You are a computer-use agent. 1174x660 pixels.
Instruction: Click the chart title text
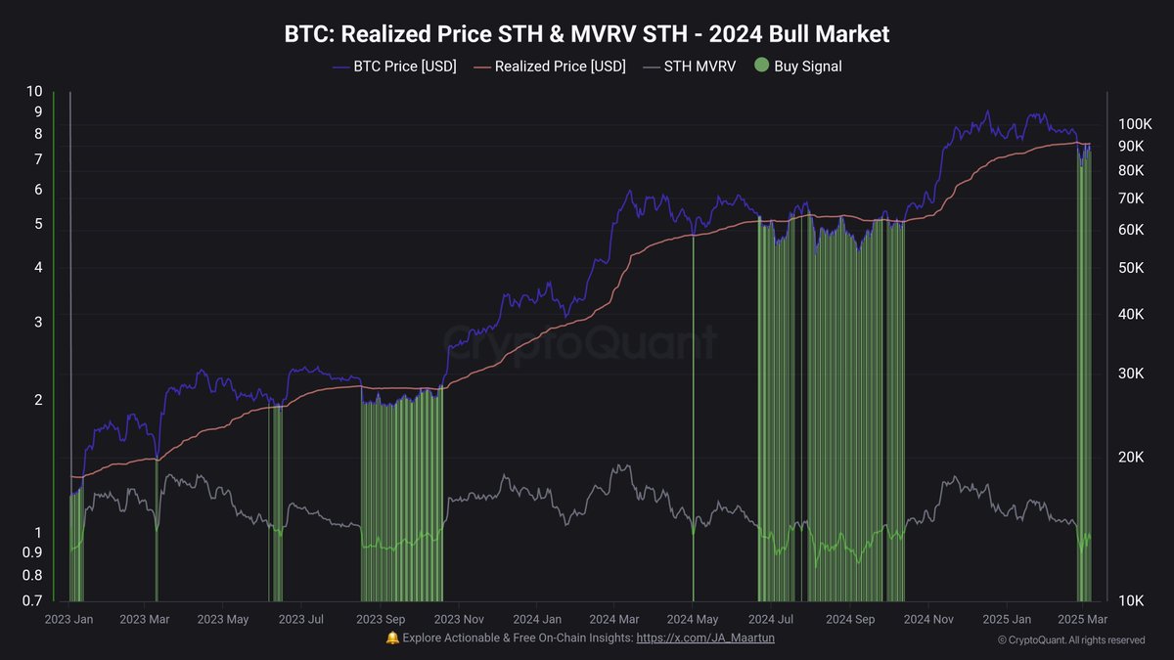(x=587, y=34)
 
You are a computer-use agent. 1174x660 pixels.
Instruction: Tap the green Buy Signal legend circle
(x=762, y=66)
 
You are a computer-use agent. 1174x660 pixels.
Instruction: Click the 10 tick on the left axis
(x=34, y=91)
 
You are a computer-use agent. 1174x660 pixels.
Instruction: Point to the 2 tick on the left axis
(x=38, y=400)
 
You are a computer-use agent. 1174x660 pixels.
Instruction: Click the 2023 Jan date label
(x=69, y=619)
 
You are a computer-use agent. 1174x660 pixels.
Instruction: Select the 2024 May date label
(x=693, y=619)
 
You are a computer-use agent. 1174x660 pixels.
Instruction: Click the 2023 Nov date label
(x=458, y=619)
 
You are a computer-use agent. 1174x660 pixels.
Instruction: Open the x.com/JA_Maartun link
(x=705, y=638)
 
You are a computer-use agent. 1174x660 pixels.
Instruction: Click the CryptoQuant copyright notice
(x=1070, y=640)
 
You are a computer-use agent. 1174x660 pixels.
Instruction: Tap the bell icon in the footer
(x=392, y=638)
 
